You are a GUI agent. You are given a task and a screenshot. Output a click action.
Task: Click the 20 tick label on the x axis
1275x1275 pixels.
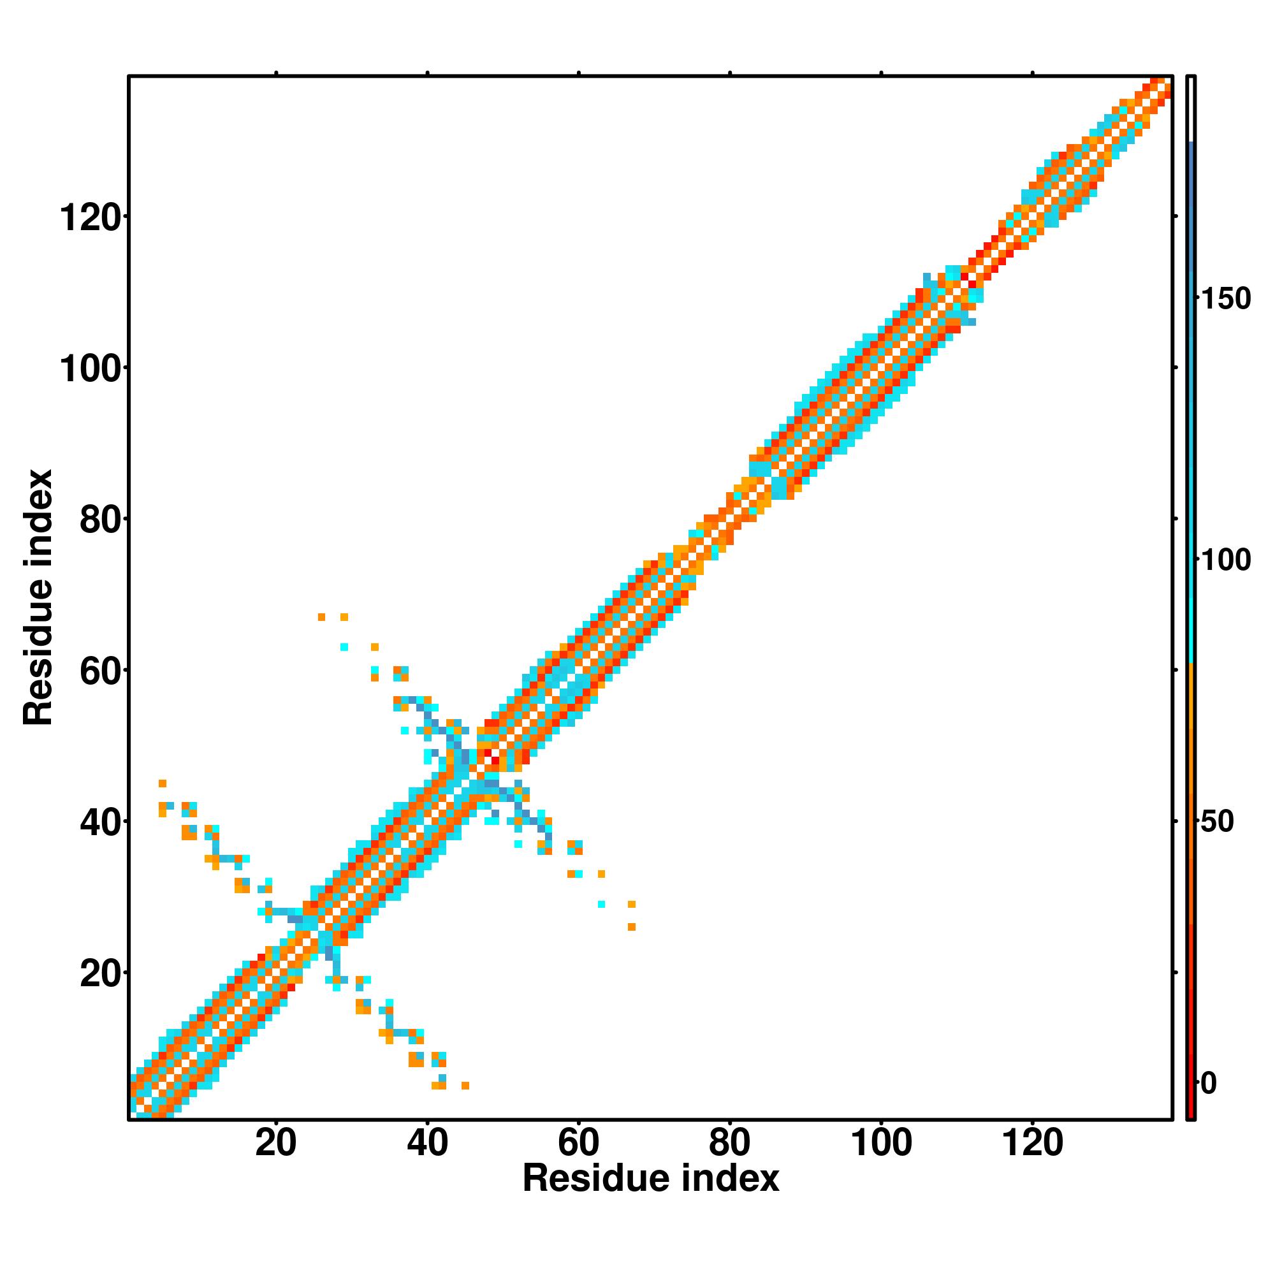(276, 1142)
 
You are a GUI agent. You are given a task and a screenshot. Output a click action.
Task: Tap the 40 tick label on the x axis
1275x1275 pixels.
(427, 1142)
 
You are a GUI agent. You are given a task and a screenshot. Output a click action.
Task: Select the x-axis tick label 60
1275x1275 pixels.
(578, 1142)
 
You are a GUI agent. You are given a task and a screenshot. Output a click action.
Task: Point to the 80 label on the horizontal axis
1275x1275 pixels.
(729, 1142)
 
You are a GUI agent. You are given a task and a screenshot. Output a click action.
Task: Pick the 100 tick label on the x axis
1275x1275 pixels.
(881, 1142)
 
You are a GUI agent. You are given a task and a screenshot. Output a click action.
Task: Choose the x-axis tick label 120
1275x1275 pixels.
(1032, 1142)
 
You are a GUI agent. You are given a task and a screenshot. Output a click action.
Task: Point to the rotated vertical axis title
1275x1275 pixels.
(38, 597)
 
